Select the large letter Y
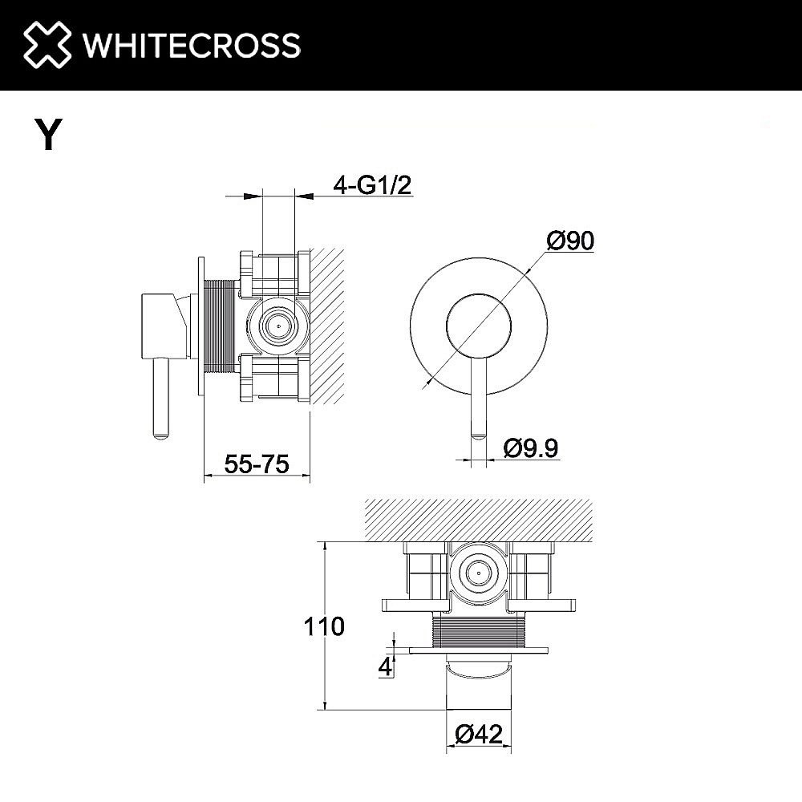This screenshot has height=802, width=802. [x=49, y=135]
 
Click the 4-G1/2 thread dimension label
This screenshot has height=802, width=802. [x=372, y=186]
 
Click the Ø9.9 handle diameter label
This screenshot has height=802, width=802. [x=531, y=448]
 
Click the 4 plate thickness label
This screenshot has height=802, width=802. [x=387, y=666]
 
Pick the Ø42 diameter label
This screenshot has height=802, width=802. [x=479, y=734]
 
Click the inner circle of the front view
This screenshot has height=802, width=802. [x=479, y=324]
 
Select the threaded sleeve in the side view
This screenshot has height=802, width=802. [x=219, y=326]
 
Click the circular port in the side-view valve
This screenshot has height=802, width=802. [x=277, y=326]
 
